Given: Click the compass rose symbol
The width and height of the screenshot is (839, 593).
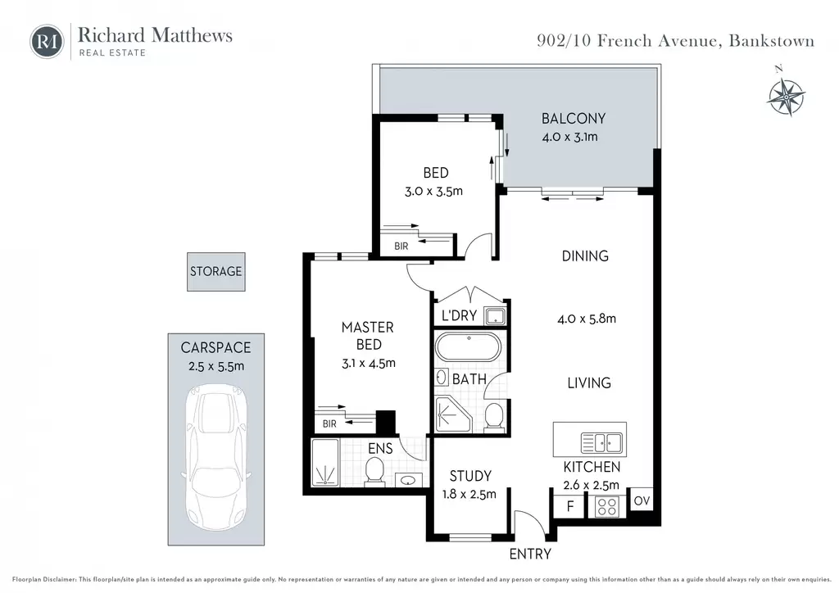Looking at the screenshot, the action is click(x=786, y=97).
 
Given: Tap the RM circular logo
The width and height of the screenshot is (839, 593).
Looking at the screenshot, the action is click(x=47, y=41).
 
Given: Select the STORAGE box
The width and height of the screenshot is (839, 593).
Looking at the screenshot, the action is click(x=216, y=272).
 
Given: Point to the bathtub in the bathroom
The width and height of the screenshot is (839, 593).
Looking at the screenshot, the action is click(x=468, y=347).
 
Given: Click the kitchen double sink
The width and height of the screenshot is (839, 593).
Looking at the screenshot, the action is click(x=601, y=443).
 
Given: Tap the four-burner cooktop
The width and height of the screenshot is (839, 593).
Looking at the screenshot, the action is click(x=607, y=506).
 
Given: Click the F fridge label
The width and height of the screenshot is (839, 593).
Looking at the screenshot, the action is click(x=570, y=506).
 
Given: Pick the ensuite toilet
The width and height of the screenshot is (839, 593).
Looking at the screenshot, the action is click(x=374, y=470).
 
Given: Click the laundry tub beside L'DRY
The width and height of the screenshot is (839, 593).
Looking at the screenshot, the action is click(x=494, y=316).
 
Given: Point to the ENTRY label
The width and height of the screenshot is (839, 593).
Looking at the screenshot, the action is click(x=530, y=554).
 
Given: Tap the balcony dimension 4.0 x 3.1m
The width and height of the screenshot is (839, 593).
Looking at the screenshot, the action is click(x=570, y=137).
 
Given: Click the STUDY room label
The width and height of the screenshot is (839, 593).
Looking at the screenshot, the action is click(x=470, y=476).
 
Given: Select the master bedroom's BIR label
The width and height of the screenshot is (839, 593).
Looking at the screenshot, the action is click(x=329, y=424).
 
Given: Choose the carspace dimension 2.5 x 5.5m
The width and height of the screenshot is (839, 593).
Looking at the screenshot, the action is click(x=216, y=367).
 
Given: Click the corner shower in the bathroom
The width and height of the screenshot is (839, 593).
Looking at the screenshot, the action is click(x=452, y=414).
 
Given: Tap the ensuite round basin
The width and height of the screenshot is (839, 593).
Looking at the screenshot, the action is click(x=410, y=480).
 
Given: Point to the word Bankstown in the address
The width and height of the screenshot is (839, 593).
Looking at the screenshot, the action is click(x=772, y=41).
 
